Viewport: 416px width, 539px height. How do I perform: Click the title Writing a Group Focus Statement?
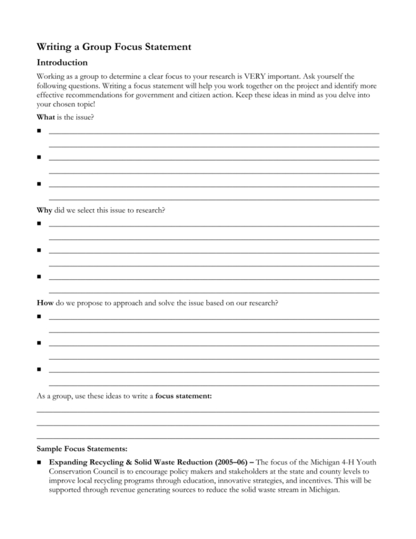(x=114, y=47)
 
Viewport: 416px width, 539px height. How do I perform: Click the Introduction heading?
(x=62, y=63)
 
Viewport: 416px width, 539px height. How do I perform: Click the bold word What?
(x=46, y=117)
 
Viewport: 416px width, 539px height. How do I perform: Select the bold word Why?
(x=45, y=211)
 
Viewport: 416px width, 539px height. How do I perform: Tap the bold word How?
(x=45, y=303)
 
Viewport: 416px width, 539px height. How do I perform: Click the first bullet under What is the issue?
(x=39, y=132)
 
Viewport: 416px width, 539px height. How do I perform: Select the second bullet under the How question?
(x=39, y=343)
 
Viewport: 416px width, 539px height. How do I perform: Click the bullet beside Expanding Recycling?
(x=39, y=462)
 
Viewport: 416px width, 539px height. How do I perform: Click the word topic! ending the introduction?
(x=84, y=103)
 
